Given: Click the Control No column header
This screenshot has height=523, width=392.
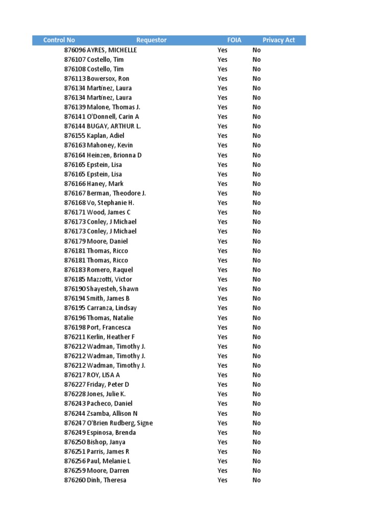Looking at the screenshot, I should (x=59, y=40).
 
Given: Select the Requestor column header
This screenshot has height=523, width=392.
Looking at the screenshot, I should (x=151, y=40).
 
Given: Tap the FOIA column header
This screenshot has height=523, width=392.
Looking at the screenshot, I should (x=234, y=40).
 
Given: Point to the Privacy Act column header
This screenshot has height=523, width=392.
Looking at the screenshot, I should (x=279, y=40).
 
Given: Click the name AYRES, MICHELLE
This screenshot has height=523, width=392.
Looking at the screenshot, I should (x=112, y=50).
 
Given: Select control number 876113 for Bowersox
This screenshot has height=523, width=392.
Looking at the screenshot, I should (x=75, y=79).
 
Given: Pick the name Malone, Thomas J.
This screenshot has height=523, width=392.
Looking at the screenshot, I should (x=113, y=107).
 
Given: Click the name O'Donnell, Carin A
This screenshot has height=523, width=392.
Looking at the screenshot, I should (x=113, y=117).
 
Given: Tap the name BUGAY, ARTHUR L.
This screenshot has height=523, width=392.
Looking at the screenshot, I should (x=114, y=126).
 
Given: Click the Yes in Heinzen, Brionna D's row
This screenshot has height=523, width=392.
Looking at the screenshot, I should (x=223, y=155).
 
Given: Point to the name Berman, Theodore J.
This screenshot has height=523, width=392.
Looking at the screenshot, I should (x=116, y=193).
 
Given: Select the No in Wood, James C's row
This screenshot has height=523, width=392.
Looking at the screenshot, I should (x=256, y=212).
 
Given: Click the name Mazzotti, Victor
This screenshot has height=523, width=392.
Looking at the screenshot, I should (x=109, y=279).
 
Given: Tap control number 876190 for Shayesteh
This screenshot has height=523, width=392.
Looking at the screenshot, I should (x=75, y=289).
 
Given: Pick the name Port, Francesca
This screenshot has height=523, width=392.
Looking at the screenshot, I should (x=109, y=327).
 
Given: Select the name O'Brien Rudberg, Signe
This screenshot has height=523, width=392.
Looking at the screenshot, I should (x=120, y=423).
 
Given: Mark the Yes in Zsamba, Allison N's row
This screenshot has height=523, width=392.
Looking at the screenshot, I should (x=223, y=414).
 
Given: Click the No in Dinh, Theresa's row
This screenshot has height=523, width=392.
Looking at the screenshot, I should (x=256, y=480).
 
